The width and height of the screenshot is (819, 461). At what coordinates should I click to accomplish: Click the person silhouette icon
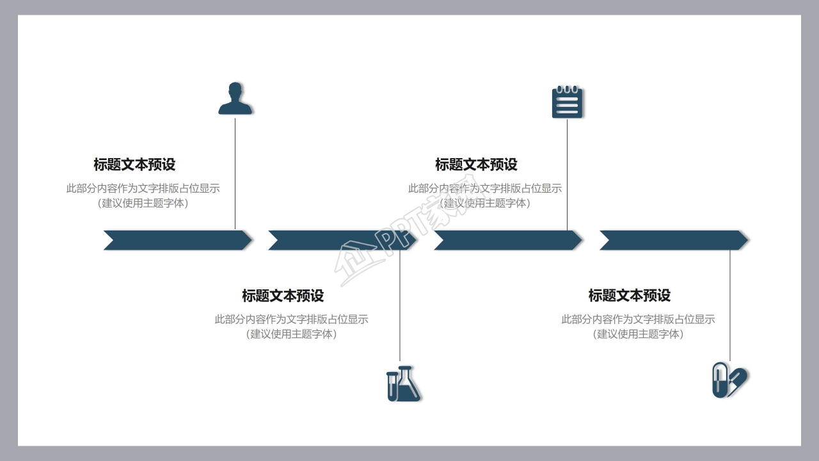pyautogui.click(x=235, y=99)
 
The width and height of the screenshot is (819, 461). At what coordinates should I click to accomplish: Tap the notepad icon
pyautogui.click(x=567, y=102)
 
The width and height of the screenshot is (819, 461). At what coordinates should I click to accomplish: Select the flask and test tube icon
pyautogui.click(x=403, y=384)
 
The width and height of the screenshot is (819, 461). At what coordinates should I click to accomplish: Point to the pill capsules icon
pyautogui.click(x=729, y=380)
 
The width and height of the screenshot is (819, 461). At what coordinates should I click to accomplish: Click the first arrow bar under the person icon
pyautogui.click(x=178, y=240)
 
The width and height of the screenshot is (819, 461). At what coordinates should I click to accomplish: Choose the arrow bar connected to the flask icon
pyautogui.click(x=342, y=240)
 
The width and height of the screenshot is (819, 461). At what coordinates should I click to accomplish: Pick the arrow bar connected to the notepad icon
pyautogui.click(x=508, y=240)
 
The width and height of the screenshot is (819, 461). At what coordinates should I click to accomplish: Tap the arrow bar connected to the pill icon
pyautogui.click(x=674, y=240)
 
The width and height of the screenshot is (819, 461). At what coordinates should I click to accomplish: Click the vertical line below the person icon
pyautogui.click(x=235, y=173)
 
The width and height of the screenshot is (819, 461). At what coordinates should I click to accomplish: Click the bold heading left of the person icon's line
pyautogui.click(x=134, y=165)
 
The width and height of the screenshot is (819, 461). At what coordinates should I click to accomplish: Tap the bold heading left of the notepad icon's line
pyautogui.click(x=476, y=165)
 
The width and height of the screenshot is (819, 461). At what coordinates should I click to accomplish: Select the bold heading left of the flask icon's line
pyautogui.click(x=283, y=296)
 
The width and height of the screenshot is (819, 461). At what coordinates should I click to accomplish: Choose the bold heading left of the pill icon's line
pyautogui.click(x=630, y=296)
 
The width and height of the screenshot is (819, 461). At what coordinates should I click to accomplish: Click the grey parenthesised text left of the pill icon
pyautogui.click(x=638, y=334)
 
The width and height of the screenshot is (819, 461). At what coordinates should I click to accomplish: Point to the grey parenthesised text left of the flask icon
pyautogui.click(x=291, y=334)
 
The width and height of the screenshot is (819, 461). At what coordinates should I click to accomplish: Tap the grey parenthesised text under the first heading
pyautogui.click(x=143, y=204)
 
